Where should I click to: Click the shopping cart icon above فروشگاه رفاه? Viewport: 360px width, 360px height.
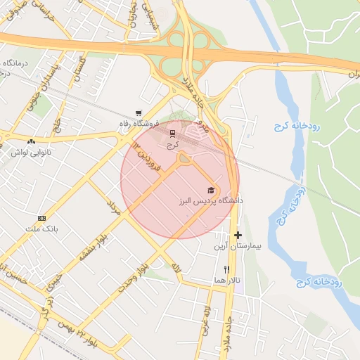pyautogui.click(x=139, y=113)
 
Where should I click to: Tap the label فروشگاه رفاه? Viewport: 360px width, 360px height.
pyautogui.click(x=139, y=123)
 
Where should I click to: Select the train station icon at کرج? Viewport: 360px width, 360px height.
pyautogui.click(x=173, y=132)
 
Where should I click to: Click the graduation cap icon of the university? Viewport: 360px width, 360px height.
pyautogui.click(x=211, y=191)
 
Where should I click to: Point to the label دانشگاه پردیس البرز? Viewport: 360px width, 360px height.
pyautogui.click(x=211, y=201)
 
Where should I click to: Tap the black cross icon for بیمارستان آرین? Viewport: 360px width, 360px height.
pyautogui.click(x=238, y=235)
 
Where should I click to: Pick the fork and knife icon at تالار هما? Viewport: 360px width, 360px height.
pyautogui.click(x=226, y=269)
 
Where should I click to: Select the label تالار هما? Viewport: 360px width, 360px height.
pyautogui.click(x=228, y=280)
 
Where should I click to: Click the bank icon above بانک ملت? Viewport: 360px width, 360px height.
pyautogui.click(x=41, y=218)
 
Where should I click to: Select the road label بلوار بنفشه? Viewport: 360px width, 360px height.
pyautogui.click(x=92, y=247)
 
